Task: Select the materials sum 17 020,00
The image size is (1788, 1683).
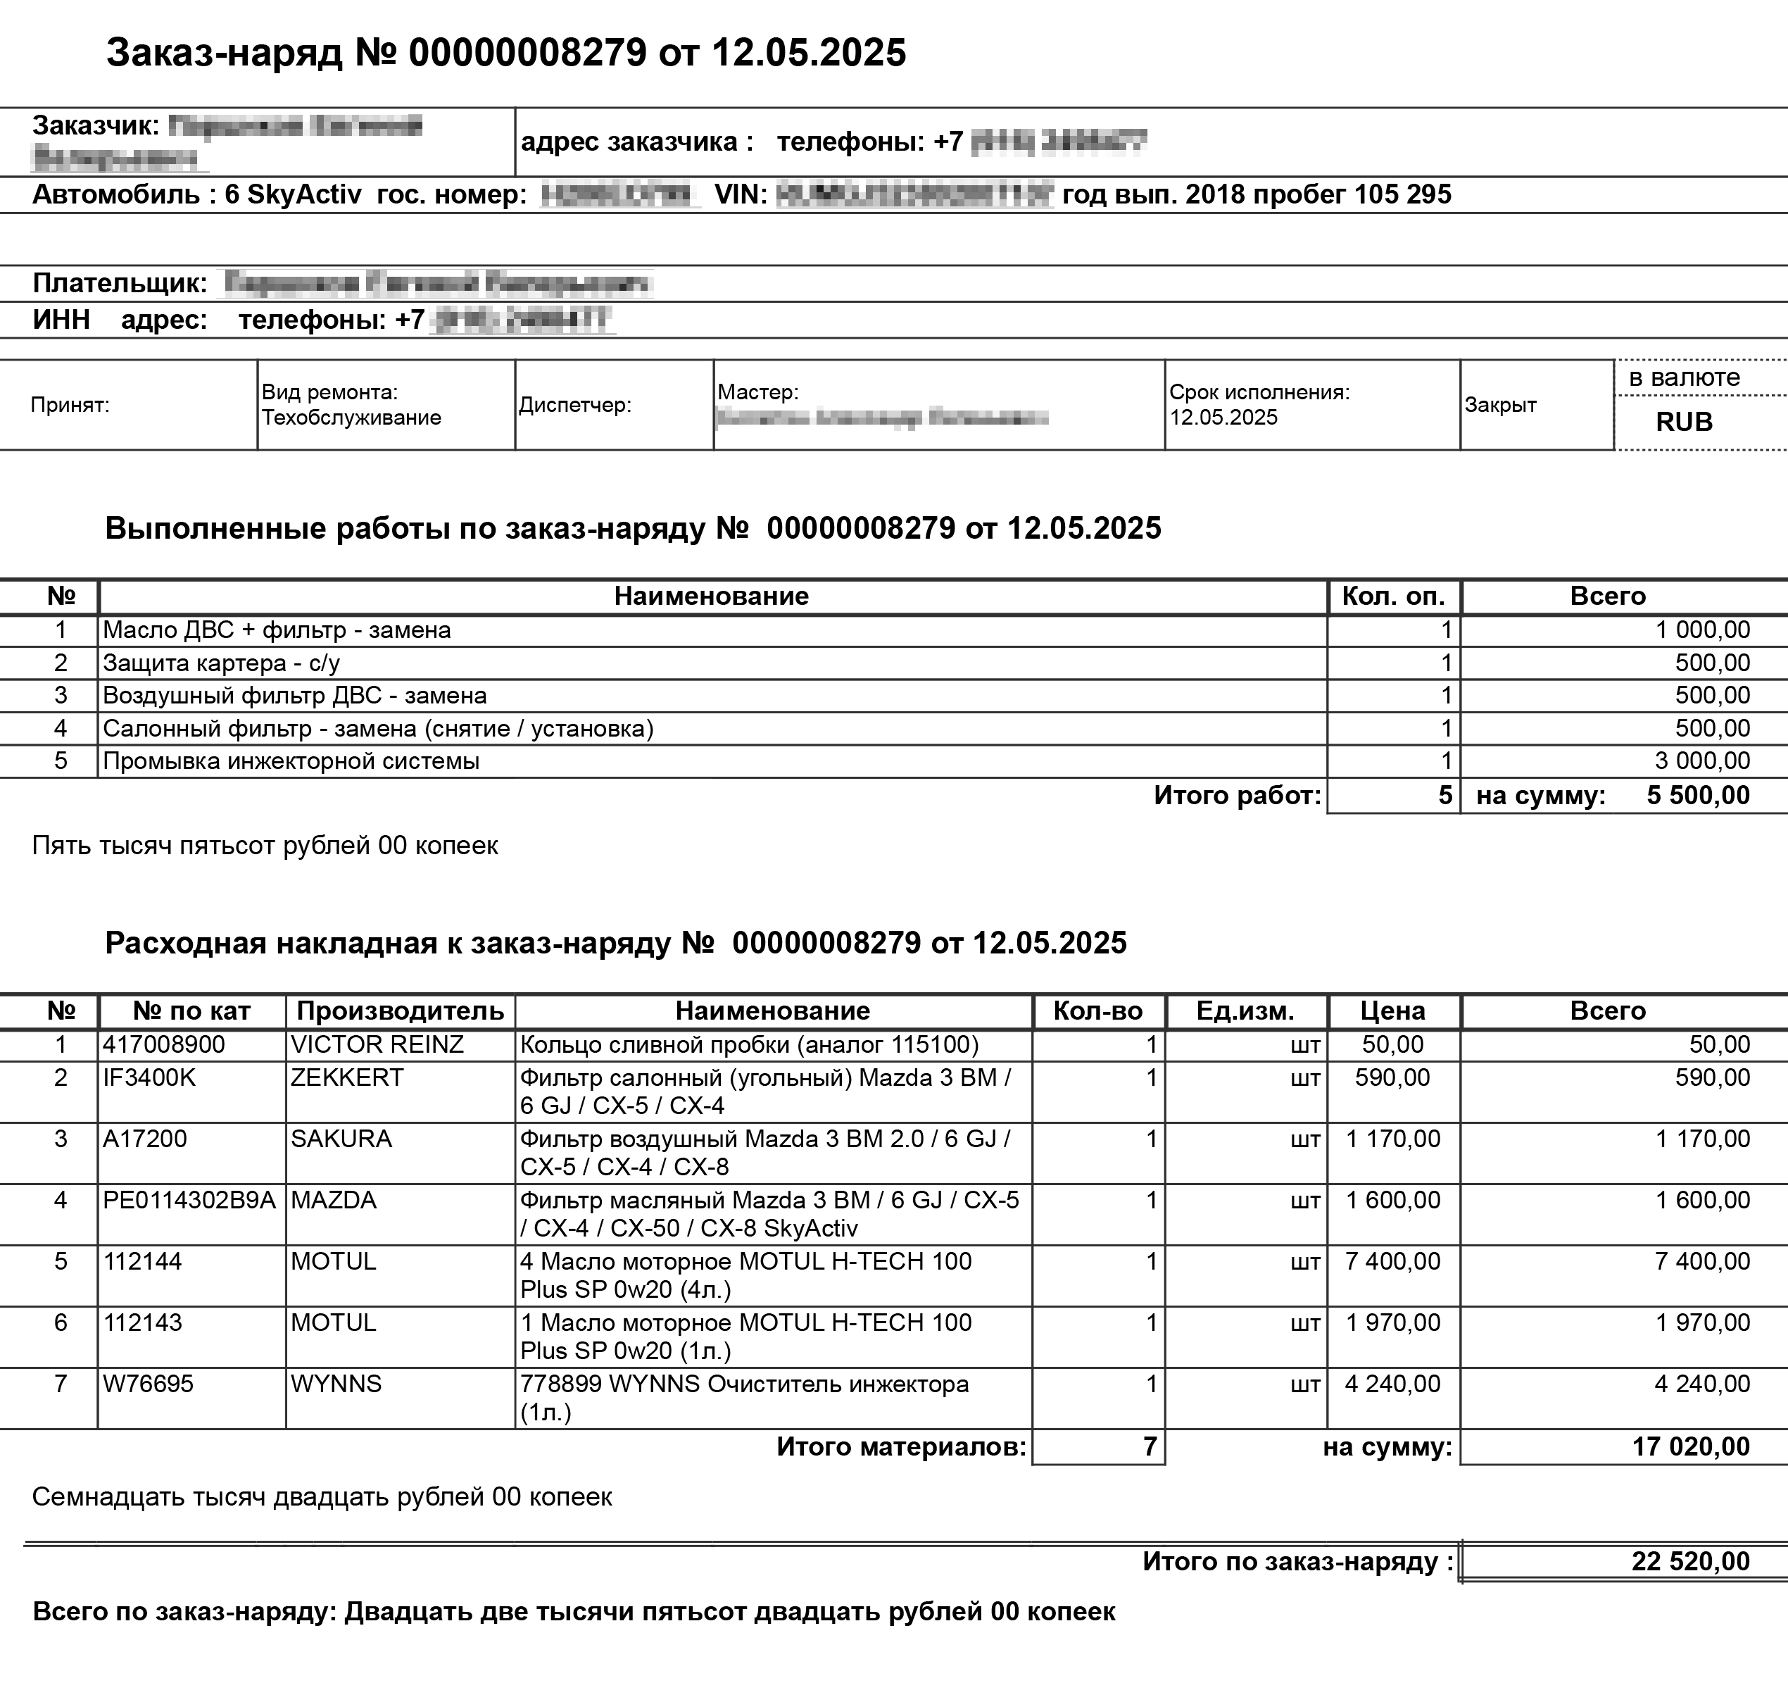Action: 1690,1446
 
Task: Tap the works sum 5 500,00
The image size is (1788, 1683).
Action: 1698,795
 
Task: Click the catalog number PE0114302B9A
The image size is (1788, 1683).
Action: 189,1200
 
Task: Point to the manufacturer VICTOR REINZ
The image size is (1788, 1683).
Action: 377,1044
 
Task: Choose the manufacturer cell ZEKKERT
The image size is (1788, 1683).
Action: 347,1077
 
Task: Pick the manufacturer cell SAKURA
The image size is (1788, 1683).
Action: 341,1139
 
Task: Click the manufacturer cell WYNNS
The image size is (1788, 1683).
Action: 336,1384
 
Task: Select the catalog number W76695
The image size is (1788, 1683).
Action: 148,1384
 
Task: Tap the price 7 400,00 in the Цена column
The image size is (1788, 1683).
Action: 1392,1261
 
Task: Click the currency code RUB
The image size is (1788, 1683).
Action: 1684,422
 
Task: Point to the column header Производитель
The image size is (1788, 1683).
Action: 401,1011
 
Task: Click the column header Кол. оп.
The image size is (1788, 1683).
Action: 1393,596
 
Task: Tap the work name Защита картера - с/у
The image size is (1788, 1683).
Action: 221,663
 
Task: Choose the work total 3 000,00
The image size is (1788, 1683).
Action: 1701,761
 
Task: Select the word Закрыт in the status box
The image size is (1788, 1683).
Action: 1500,405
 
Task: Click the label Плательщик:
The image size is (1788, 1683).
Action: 120,283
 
